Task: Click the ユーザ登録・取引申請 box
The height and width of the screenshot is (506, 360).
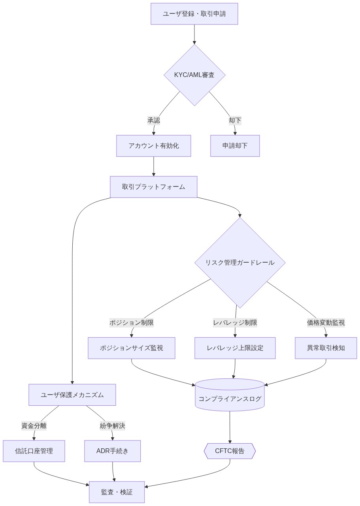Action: coord(194,14)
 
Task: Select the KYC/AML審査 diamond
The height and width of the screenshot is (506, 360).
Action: coord(194,75)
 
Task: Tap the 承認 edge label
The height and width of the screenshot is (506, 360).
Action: coord(154,120)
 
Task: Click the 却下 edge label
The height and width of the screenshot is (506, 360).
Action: coord(235,120)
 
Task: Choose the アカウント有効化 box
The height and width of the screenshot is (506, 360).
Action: coord(153,146)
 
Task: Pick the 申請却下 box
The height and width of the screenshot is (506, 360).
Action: coord(235,146)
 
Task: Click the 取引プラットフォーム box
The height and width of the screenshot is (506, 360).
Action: coord(153,187)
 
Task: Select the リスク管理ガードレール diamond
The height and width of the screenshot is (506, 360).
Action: coord(239,263)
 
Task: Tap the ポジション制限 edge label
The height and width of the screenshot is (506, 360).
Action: coord(131,323)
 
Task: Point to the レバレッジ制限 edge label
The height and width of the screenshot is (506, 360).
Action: coord(235,323)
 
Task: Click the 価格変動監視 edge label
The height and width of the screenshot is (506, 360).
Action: coord(326,323)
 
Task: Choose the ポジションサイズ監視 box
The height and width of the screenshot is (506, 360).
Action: coord(131,348)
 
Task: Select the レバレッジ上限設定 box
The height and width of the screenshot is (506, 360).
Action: coord(235,348)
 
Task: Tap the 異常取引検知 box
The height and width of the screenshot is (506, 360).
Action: coord(326,348)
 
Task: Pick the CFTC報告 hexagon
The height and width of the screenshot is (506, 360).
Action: coord(230,451)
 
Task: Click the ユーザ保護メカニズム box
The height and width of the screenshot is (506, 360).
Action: coord(72,395)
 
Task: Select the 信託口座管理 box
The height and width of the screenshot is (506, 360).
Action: coord(34,451)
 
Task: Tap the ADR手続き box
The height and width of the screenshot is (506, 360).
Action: coord(112,451)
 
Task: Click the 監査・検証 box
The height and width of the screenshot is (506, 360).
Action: coord(117,492)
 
